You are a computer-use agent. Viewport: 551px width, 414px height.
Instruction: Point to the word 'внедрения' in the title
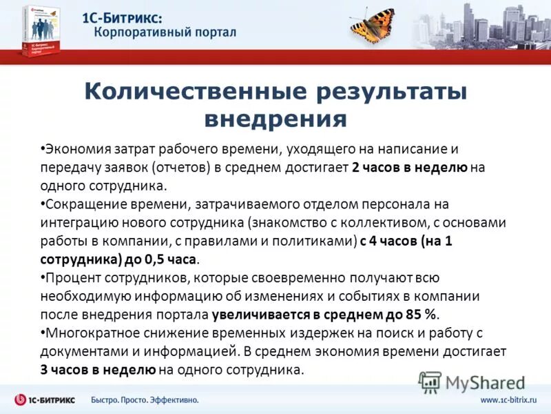click(x=275, y=119)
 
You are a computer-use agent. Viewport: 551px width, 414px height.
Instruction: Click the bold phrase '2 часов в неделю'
click(x=410, y=168)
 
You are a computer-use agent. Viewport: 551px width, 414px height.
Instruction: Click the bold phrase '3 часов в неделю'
click(x=98, y=370)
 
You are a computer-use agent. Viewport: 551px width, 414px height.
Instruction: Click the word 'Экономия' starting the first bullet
click(x=73, y=149)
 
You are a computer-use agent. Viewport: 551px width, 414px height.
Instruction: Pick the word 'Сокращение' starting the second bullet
click(x=79, y=205)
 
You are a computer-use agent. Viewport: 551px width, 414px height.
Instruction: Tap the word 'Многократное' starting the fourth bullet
click(x=87, y=333)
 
